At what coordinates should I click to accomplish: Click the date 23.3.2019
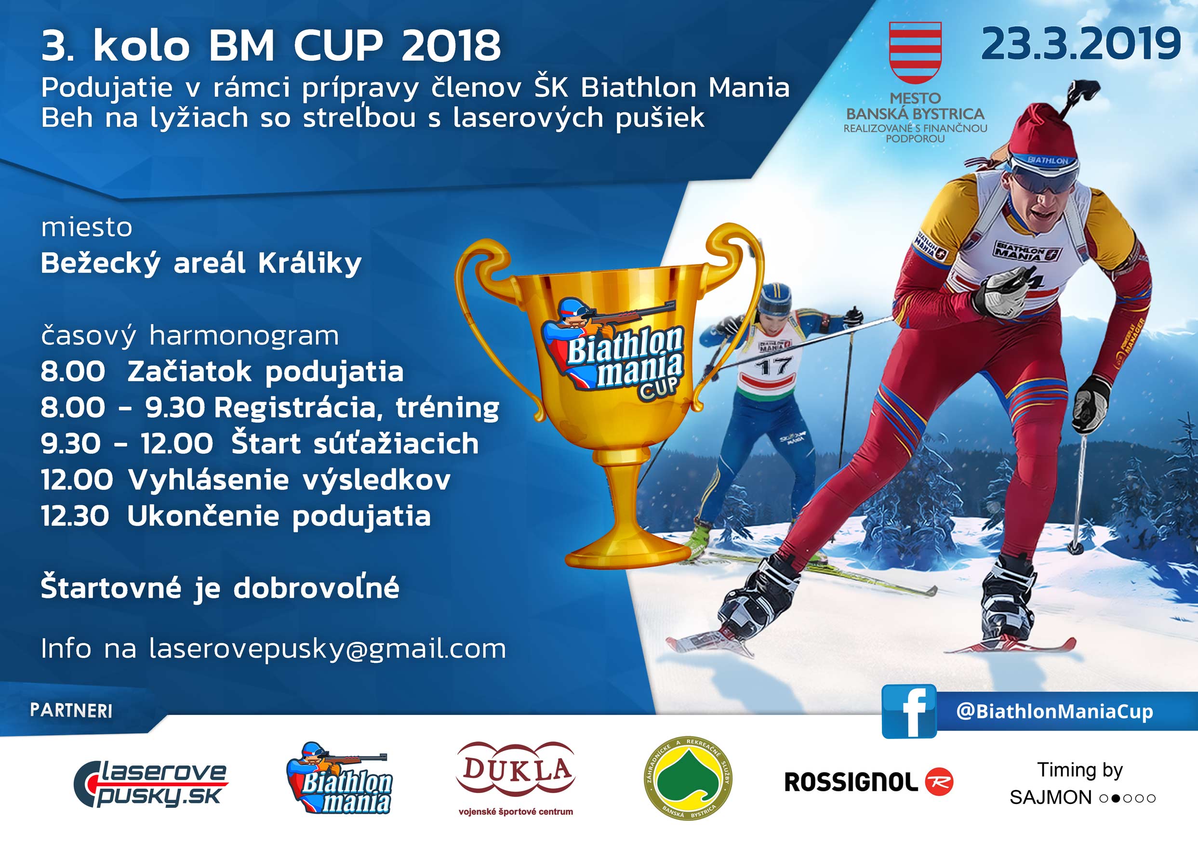1081,44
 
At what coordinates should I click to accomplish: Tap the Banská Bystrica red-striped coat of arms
915,53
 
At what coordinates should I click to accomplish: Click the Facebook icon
909,711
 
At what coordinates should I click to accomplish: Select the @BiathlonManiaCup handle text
1054,712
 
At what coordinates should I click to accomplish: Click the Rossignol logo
869,782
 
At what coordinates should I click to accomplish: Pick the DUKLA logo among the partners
516,778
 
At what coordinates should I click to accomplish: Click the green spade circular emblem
688,778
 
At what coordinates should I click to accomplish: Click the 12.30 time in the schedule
75,516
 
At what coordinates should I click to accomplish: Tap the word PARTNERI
71,711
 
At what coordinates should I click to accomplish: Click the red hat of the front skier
1041,131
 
